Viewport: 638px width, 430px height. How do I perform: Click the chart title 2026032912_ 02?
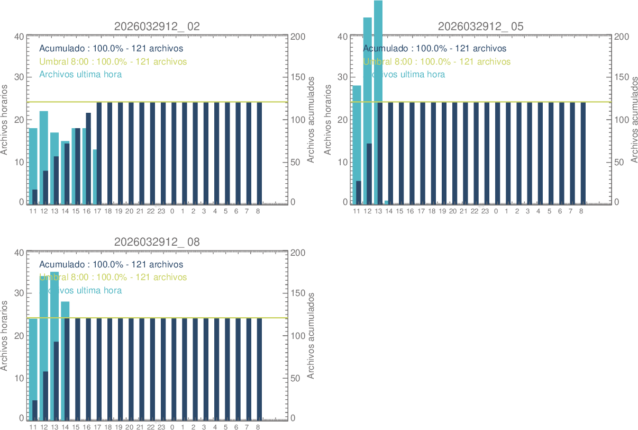pyautogui.click(x=157, y=26)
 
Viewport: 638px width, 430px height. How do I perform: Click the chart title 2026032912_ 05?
pyautogui.click(x=480, y=26)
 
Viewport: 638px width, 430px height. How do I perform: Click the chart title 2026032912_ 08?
pyautogui.click(x=157, y=242)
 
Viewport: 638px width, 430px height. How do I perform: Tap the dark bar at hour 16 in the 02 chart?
pyautogui.click(x=88, y=159)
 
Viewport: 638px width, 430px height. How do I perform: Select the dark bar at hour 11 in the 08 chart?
pyautogui.click(x=35, y=409)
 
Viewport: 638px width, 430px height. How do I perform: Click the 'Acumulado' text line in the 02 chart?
pyautogui.click(x=111, y=49)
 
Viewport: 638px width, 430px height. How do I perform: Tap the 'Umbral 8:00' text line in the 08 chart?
pyautogui.click(x=113, y=277)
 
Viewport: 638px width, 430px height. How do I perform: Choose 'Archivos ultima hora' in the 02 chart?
pyautogui.click(x=80, y=74)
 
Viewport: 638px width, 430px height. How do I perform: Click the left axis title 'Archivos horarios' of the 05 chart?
pyautogui.click(x=328, y=119)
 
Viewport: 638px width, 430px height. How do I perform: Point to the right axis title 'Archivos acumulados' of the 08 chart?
pyautogui.click(x=312, y=335)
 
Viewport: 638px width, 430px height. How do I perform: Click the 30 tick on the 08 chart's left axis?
pyautogui.click(x=19, y=293)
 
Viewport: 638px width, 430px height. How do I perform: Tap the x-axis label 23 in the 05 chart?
pyautogui.click(x=485, y=211)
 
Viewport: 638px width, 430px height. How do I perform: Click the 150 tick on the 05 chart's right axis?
pyautogui.click(x=622, y=77)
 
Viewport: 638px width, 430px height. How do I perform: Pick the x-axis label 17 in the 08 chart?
pyautogui.click(x=97, y=427)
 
